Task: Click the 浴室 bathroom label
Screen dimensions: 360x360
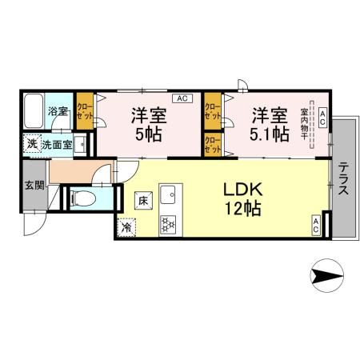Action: tap(58, 112)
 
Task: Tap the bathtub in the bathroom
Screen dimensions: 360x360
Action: tap(34, 112)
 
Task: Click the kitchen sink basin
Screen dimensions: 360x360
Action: tap(169, 194)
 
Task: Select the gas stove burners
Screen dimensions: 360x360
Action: tap(169, 225)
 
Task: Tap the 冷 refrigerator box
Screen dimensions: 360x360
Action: tap(126, 227)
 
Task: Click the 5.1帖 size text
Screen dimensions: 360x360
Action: tap(270, 134)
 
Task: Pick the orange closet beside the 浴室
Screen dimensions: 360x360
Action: tap(84, 111)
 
